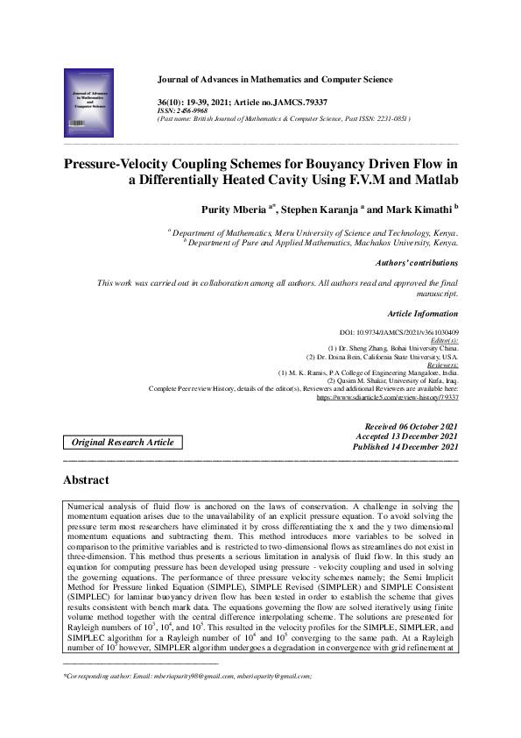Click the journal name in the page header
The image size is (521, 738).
pos(274,80)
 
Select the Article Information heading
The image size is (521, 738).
pos(422,313)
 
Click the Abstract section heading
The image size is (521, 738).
pos(86,480)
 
